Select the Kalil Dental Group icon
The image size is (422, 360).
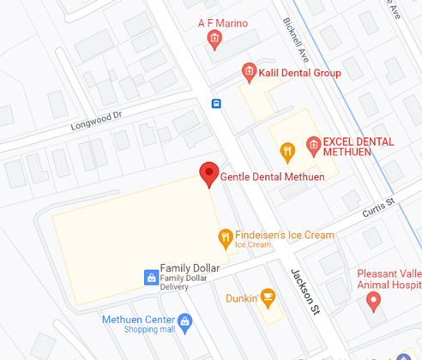coord(249,72)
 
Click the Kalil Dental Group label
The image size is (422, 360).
coord(299,73)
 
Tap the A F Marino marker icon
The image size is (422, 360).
coord(214,39)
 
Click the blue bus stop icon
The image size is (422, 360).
coord(217,104)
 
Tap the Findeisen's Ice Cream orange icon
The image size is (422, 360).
coord(225,236)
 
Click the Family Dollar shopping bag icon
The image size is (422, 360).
coord(150,276)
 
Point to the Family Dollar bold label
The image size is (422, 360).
coord(190,267)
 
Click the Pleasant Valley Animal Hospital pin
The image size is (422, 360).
coord(373,300)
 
